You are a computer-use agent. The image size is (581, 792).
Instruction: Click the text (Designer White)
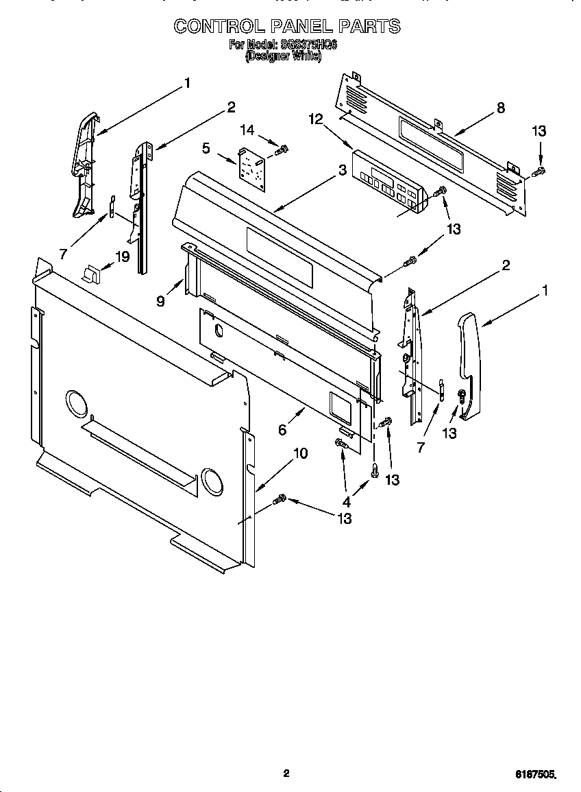click(283, 56)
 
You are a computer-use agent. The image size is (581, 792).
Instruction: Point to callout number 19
click(122, 257)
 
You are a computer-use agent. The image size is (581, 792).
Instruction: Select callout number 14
click(247, 130)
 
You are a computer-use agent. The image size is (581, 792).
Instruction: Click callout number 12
click(315, 119)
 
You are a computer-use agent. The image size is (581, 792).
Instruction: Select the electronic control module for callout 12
click(388, 182)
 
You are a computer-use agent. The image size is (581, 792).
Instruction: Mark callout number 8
click(500, 107)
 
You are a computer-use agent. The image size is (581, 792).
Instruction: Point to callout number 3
click(341, 170)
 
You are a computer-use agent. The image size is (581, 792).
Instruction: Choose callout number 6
click(282, 429)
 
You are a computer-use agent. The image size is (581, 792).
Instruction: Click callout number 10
click(300, 453)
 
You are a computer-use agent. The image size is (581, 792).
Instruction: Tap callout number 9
click(160, 300)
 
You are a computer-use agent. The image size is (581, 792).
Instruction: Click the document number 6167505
click(535, 773)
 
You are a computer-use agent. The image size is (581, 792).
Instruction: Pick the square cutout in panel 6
click(340, 406)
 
